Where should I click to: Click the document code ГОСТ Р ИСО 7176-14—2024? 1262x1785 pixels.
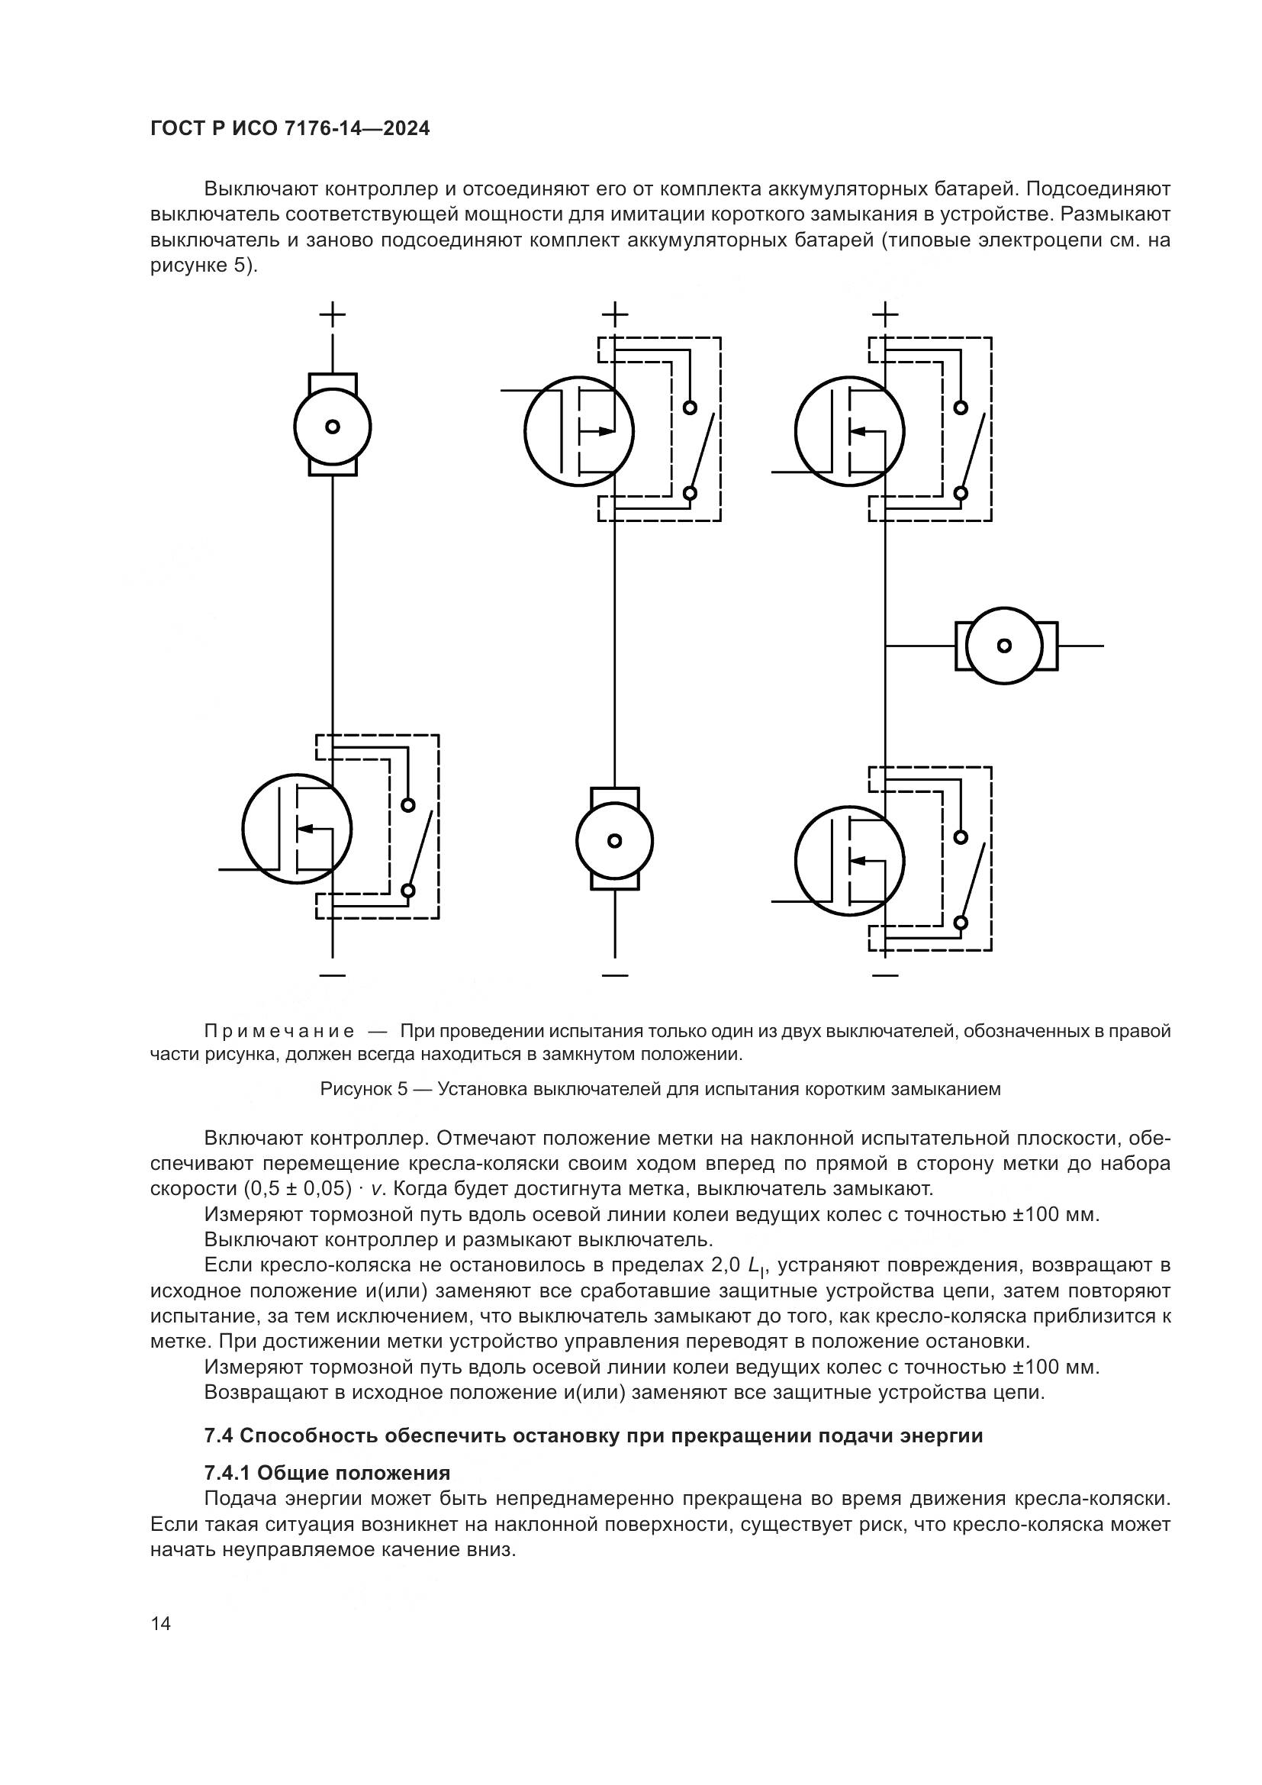[x=290, y=128]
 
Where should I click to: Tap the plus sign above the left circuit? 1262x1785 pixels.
[x=333, y=315]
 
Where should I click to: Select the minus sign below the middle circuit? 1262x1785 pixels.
[x=615, y=975]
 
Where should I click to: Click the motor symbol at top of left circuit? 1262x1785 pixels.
[x=333, y=426]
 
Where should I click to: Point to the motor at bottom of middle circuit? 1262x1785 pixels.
[x=615, y=839]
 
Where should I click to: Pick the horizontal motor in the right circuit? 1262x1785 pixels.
[x=1005, y=646]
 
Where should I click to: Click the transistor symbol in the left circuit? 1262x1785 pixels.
[x=297, y=828]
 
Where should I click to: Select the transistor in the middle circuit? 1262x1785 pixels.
[x=579, y=430]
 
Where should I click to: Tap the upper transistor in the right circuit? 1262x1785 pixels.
[x=849, y=430]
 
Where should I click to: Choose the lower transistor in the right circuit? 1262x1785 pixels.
[x=849, y=860]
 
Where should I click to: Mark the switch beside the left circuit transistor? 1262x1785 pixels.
[x=417, y=848]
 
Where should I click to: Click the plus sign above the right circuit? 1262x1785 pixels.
[x=884, y=315]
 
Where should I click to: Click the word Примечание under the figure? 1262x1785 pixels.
[x=280, y=1032]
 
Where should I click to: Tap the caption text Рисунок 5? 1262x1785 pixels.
[x=364, y=1088]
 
